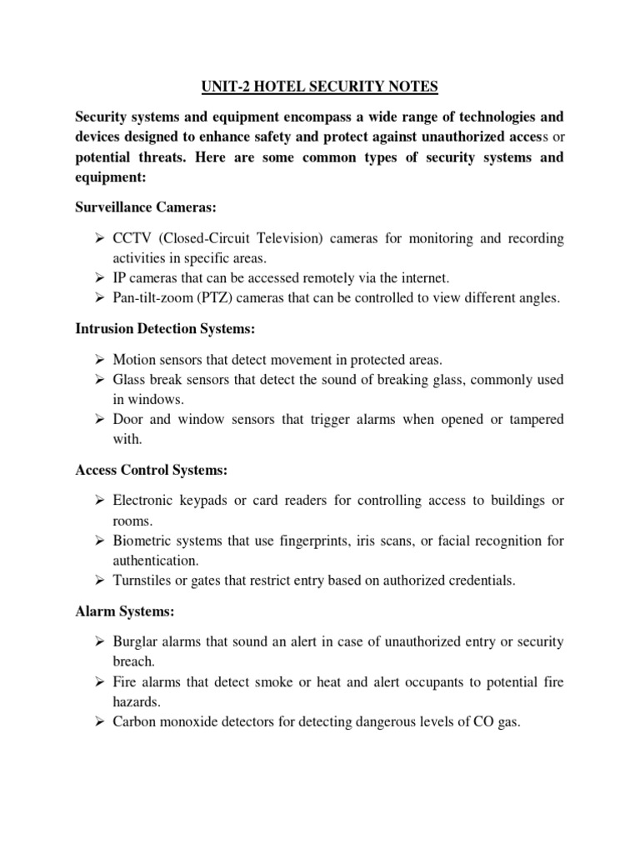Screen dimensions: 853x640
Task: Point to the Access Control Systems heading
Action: click(150, 470)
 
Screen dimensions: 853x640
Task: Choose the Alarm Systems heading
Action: click(124, 611)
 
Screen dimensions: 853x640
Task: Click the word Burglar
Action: click(136, 641)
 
